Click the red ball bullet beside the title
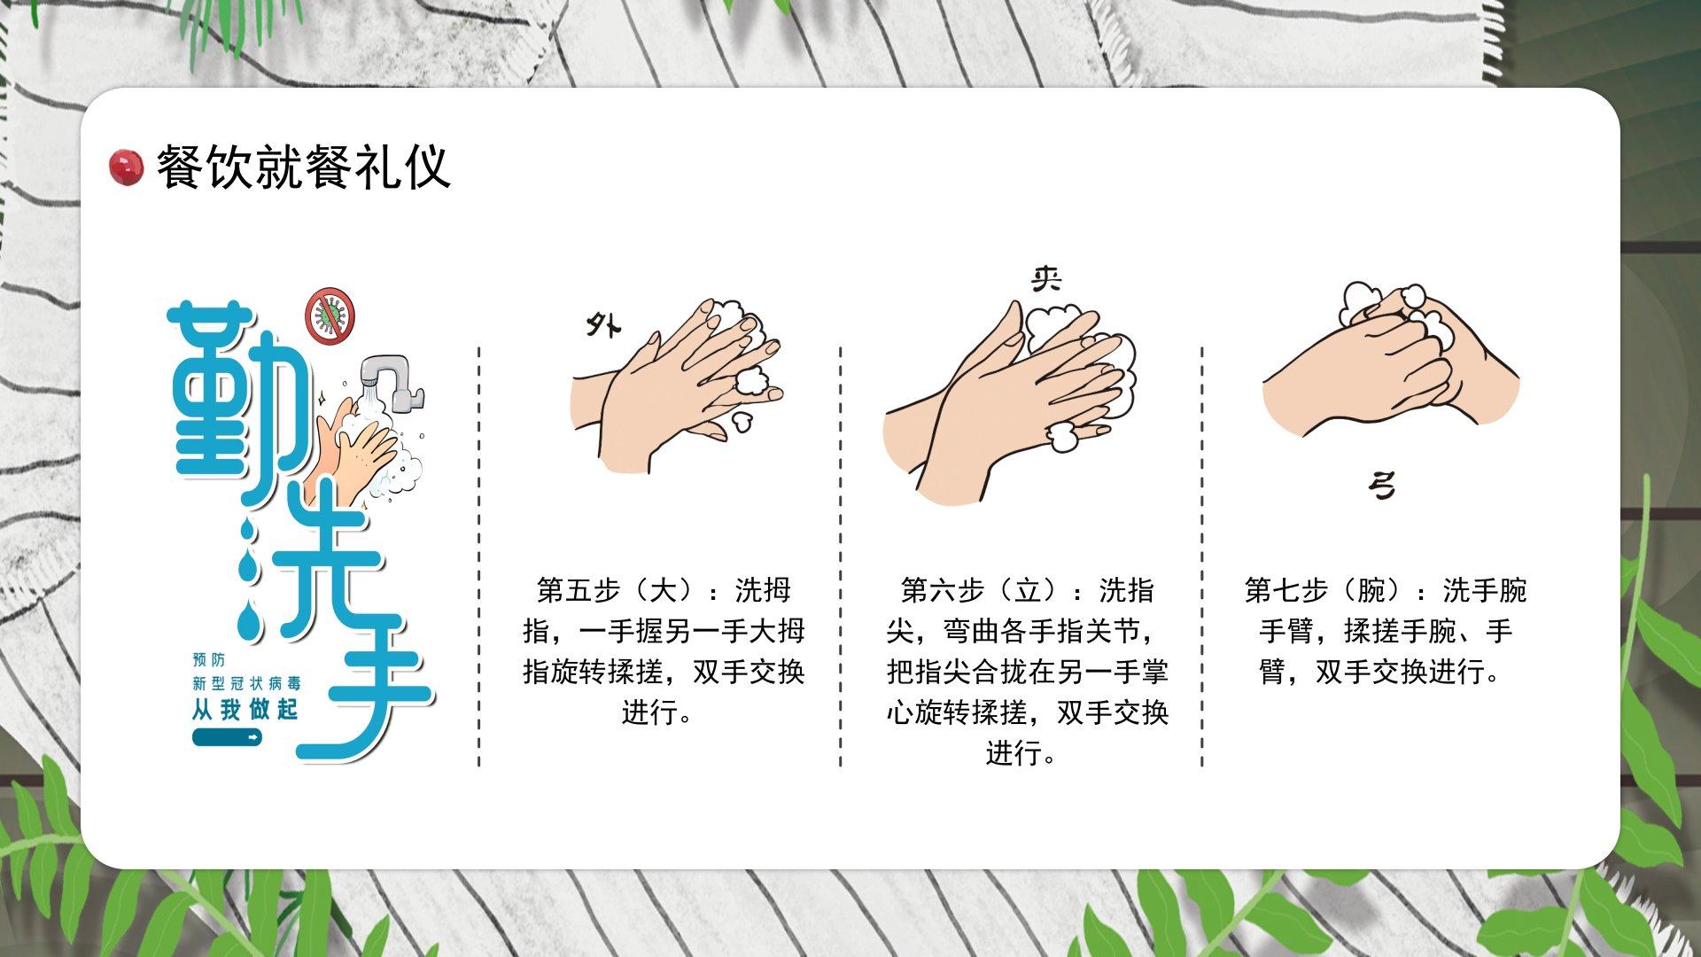[x=126, y=167]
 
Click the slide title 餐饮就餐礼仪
[x=304, y=167]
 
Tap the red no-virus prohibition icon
[x=330, y=315]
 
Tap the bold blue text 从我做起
[x=245, y=710]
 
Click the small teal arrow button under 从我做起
[x=228, y=737]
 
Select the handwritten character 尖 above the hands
[x=1046, y=279]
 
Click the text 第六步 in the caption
[x=942, y=590]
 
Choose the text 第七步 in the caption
[x=1285, y=590]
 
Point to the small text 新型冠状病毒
[x=247, y=683]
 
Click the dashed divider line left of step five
[x=479, y=556]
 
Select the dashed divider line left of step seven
[x=1202, y=556]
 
